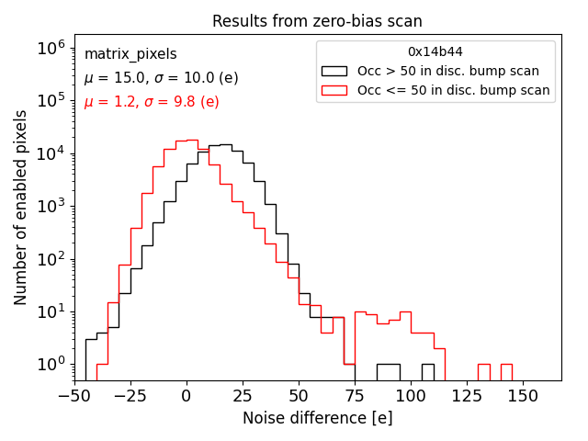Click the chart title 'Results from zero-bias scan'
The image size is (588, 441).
coord(317,21)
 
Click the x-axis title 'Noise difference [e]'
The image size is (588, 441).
coord(317,418)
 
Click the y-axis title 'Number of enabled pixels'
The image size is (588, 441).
coord(21,208)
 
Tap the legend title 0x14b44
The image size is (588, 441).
coord(435,52)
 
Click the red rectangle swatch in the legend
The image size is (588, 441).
coord(334,90)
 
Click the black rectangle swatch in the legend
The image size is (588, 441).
coord(334,71)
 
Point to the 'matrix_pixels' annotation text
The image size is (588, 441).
coord(130,54)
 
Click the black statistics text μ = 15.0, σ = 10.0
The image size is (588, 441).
coord(161,78)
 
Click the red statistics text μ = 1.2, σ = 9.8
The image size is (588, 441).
coord(152,102)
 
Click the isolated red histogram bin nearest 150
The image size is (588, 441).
coord(506,372)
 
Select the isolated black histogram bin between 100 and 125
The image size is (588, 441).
coord(428,372)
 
